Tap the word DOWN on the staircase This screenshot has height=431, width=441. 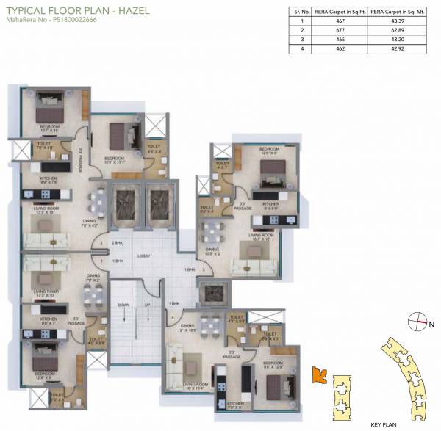point(123,304)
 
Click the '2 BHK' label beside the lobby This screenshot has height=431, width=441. point(115,242)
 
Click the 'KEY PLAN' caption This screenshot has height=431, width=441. point(384,424)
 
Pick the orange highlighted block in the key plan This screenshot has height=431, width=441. point(319,375)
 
